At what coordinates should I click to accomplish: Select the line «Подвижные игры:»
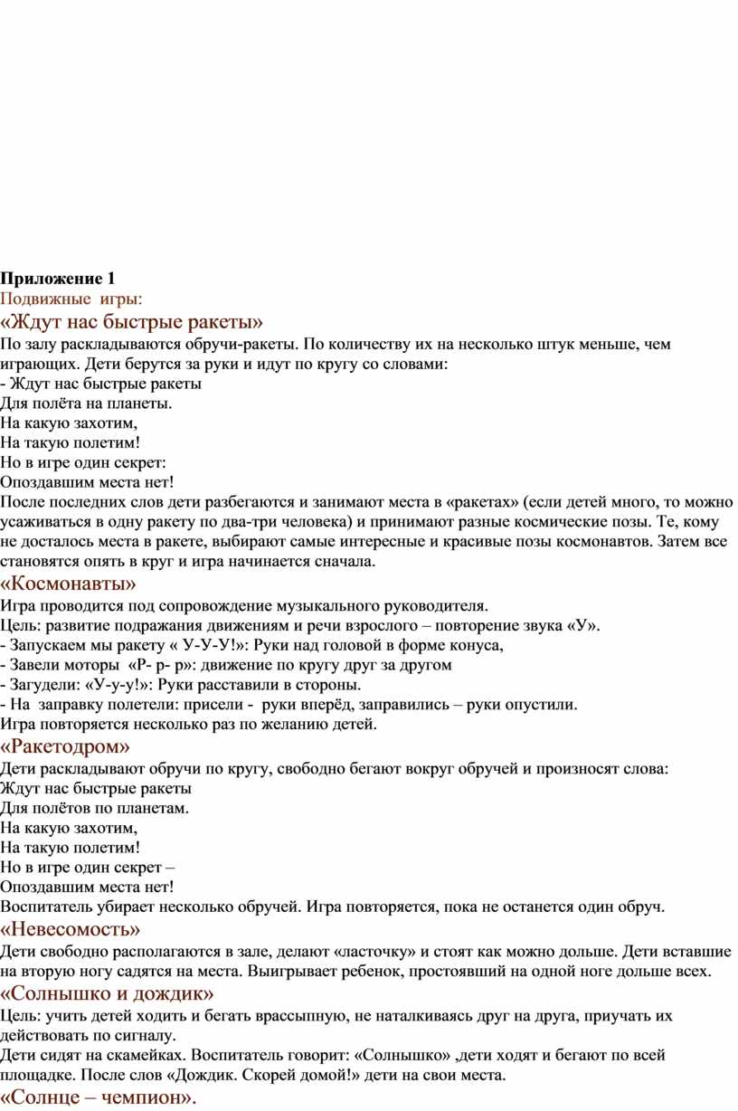(71, 298)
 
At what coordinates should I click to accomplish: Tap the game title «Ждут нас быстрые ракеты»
(132, 321)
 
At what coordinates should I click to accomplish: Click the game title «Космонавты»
(70, 584)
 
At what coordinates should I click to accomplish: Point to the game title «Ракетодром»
(65, 746)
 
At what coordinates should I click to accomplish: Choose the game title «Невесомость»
(71, 929)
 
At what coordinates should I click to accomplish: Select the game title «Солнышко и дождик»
(100, 994)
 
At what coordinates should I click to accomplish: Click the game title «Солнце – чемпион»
(98, 1098)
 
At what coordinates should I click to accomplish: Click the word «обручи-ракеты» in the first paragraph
(240, 345)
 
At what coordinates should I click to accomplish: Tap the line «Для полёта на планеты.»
(86, 403)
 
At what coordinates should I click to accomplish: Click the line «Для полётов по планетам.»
(94, 808)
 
